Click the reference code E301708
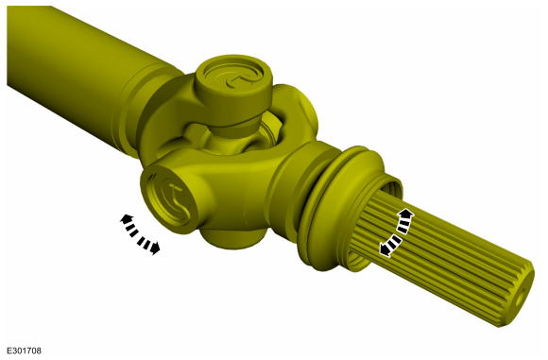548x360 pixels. pyautogui.click(x=24, y=351)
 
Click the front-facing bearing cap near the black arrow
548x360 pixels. pyautogui.click(x=170, y=199)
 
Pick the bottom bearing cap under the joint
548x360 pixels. pyautogui.click(x=233, y=238)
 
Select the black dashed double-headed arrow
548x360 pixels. pyautogui.click(x=140, y=234)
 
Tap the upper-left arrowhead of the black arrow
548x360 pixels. pyautogui.click(x=125, y=219)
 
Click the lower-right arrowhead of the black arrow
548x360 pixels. pyautogui.click(x=155, y=249)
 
